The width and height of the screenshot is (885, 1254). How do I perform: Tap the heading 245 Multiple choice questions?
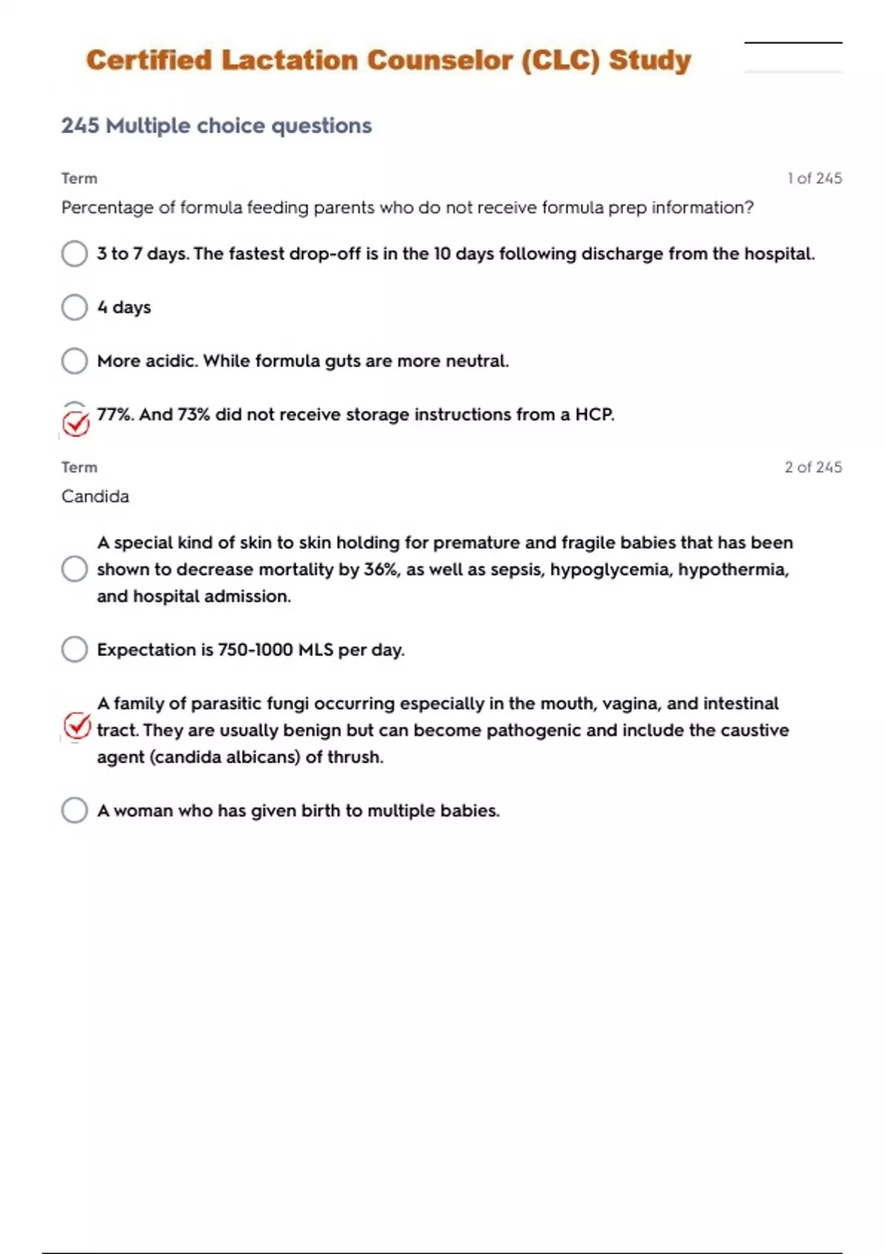216,125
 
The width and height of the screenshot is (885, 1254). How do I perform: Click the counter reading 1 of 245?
814,179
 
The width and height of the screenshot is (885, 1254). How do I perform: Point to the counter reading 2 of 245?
813,467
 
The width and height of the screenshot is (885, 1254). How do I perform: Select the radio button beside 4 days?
74,307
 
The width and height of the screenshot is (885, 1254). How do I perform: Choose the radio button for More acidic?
74,361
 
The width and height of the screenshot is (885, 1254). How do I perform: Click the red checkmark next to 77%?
75,423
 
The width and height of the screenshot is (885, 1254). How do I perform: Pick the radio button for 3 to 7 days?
74,254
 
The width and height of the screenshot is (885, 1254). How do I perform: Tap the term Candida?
95,496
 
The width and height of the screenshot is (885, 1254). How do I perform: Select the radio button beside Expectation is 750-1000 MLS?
74,650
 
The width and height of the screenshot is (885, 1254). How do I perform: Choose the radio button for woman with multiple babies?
74,810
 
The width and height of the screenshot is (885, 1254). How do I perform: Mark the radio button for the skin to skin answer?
74,569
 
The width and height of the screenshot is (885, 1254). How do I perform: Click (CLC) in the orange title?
560,60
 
